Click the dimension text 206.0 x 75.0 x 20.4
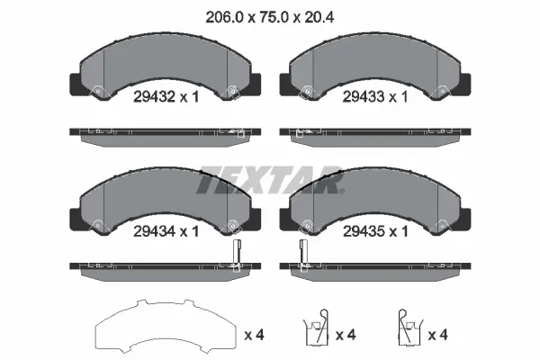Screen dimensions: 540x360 [x=270, y=17]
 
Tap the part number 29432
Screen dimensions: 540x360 [x=155, y=97]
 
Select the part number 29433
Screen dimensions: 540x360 [x=364, y=96]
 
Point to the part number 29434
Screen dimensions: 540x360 [x=155, y=231]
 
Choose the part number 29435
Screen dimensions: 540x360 [x=364, y=231]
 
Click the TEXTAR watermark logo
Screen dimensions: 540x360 [x=270, y=180]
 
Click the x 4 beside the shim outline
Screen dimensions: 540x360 [x=254, y=335]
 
